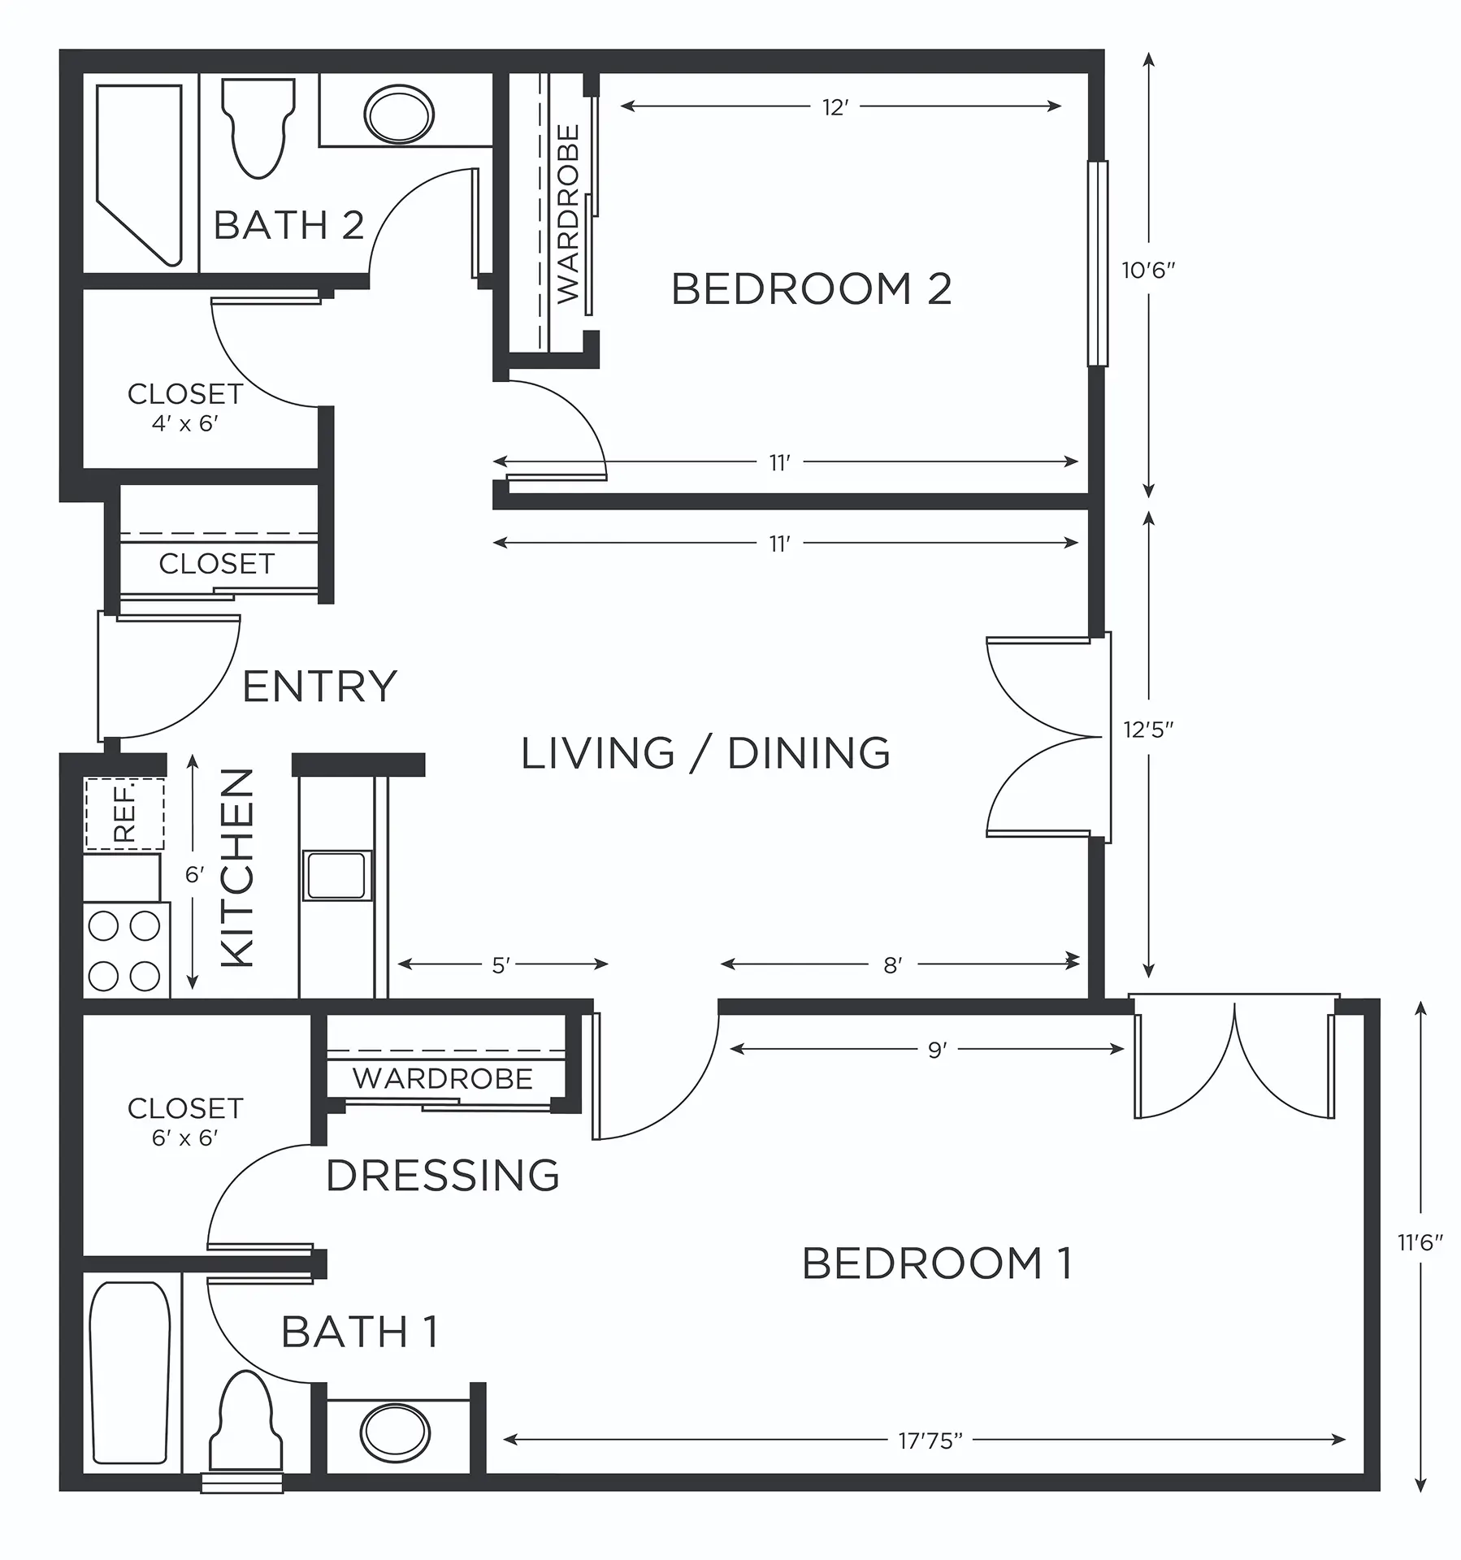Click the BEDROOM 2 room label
pos(811,288)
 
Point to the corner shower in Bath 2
pos(139,175)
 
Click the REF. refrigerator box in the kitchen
pos(125,813)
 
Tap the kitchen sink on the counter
pos(337,875)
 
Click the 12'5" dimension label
pos(1148,730)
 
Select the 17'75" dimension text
pos(930,1441)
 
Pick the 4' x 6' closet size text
pos(185,423)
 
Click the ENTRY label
pos(319,687)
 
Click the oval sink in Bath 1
pos(397,1433)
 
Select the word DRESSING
pos(443,1175)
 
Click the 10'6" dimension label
pos(1149,271)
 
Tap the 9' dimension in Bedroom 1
pos(937,1050)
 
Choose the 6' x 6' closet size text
pos(185,1137)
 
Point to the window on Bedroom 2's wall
pos(1098,263)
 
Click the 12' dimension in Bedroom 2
pos(836,107)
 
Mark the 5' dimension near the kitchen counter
pos(501,965)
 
